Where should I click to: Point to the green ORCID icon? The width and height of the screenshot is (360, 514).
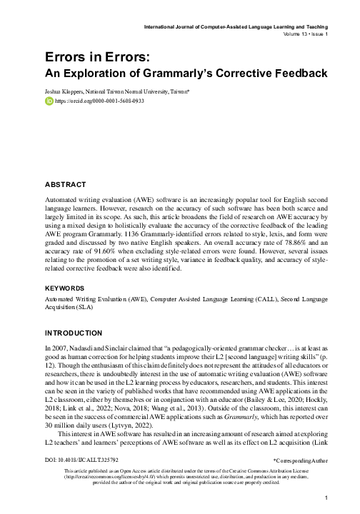tap(49, 102)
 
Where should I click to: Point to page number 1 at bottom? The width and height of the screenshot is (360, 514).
tap(326, 499)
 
